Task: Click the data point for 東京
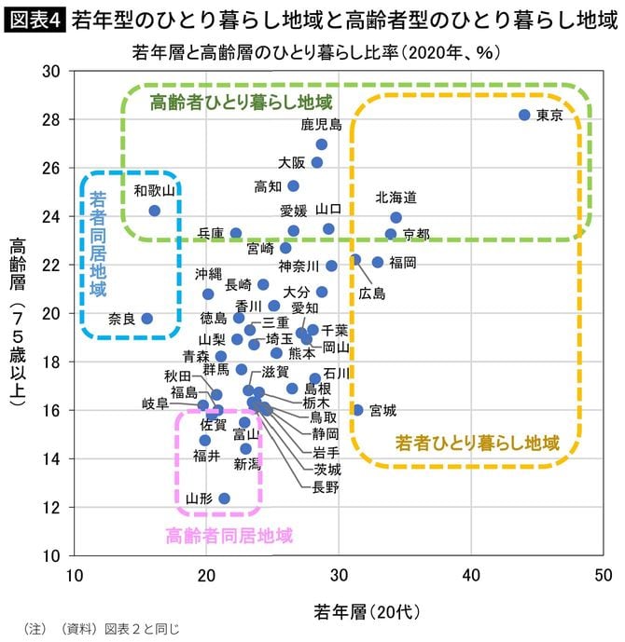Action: [x=524, y=115]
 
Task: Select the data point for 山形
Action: [x=224, y=499]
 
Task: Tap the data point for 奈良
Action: [x=146, y=319]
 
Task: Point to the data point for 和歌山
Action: [x=155, y=211]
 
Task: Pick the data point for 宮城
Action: [x=358, y=410]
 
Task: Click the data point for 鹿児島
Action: [x=322, y=144]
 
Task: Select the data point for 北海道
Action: [x=396, y=217]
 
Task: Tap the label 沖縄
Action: [x=209, y=274]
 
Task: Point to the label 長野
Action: [x=326, y=485]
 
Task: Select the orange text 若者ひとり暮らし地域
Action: [x=477, y=442]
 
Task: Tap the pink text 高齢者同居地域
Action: [x=229, y=535]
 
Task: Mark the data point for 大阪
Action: [x=317, y=162]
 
